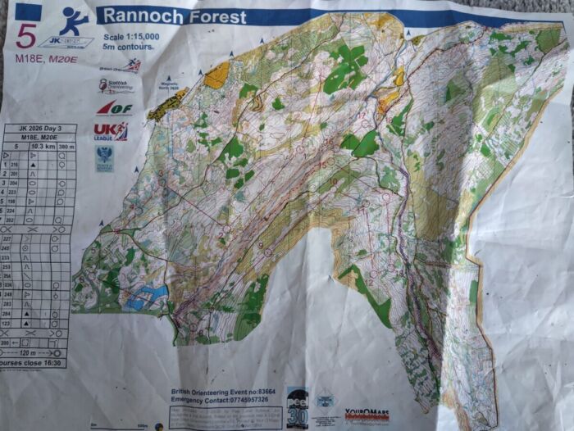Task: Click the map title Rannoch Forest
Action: click(x=172, y=16)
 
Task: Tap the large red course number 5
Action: click(x=26, y=37)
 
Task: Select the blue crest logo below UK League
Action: click(x=104, y=158)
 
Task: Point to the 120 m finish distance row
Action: click(x=37, y=352)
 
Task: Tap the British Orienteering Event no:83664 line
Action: click(x=221, y=392)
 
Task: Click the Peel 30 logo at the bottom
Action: click(x=297, y=407)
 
